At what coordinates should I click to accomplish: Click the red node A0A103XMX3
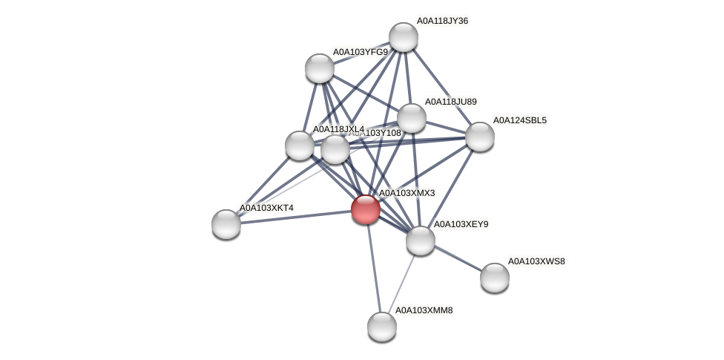click(366, 209)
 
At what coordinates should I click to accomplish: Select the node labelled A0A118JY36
click(404, 37)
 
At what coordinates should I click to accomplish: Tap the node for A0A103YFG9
click(320, 68)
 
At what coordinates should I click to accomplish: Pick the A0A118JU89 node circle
click(412, 118)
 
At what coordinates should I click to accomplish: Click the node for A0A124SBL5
click(480, 137)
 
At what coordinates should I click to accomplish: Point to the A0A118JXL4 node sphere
click(300, 145)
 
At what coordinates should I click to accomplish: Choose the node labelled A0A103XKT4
click(226, 224)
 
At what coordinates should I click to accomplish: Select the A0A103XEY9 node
click(421, 240)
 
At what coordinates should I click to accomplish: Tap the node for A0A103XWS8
click(495, 278)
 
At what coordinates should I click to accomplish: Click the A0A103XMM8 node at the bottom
click(382, 327)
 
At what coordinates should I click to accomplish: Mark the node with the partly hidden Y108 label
click(335, 149)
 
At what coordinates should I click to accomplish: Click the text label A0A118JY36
click(442, 21)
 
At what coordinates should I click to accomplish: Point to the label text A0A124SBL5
click(519, 120)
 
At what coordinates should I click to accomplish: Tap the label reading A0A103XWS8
click(536, 261)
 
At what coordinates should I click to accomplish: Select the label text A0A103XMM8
click(424, 310)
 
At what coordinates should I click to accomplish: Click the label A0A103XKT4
click(266, 208)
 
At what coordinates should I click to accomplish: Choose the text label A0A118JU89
click(450, 102)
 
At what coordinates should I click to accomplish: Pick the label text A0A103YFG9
click(360, 52)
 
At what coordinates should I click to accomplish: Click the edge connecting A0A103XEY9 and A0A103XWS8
click(458, 259)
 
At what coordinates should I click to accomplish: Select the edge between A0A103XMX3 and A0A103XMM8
click(374, 268)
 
